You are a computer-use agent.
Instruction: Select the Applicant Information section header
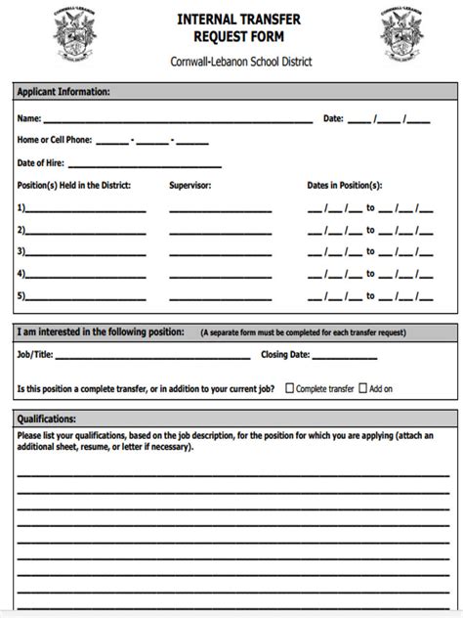[x=63, y=92]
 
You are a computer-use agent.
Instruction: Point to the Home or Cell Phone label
[x=55, y=140]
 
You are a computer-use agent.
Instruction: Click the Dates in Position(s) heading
[x=345, y=185]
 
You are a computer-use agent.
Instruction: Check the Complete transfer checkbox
[x=290, y=388]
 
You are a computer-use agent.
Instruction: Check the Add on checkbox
[x=362, y=388]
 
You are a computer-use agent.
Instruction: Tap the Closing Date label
[x=285, y=355]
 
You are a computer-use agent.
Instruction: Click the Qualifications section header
[x=48, y=419]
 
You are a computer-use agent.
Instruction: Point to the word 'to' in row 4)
[x=370, y=274]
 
